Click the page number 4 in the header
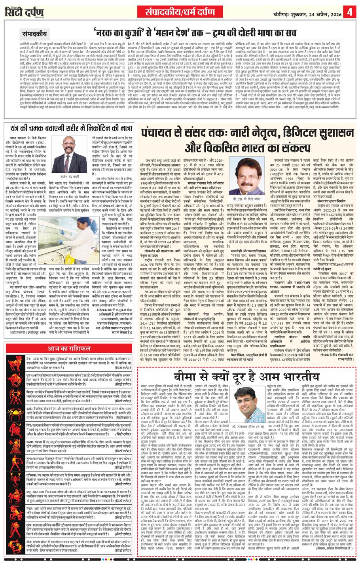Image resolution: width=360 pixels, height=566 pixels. (350, 11)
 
